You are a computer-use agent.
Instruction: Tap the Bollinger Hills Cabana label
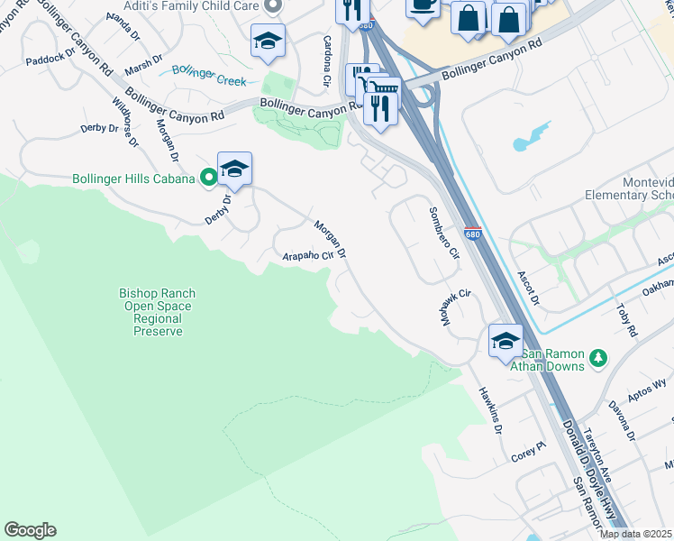tap(134, 179)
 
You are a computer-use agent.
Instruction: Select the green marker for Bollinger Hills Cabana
tap(209, 179)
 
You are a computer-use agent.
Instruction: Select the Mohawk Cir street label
tap(457, 307)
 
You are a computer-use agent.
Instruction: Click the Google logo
tap(30, 530)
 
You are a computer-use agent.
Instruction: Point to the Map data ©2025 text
tap(635, 534)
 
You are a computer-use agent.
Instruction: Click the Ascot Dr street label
tap(528, 288)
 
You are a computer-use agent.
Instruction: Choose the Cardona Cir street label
tap(326, 62)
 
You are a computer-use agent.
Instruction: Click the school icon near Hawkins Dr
tap(505, 340)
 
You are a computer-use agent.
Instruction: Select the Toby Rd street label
tap(625, 319)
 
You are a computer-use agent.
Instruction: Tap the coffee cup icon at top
tap(422, 5)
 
